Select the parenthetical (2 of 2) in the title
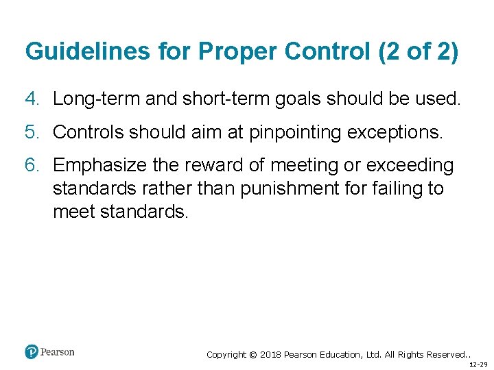(x=418, y=51)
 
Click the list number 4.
(x=31, y=99)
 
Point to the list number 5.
(x=31, y=132)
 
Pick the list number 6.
(x=31, y=165)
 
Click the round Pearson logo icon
(x=32, y=352)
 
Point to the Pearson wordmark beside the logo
(x=58, y=352)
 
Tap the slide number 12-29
(x=478, y=364)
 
